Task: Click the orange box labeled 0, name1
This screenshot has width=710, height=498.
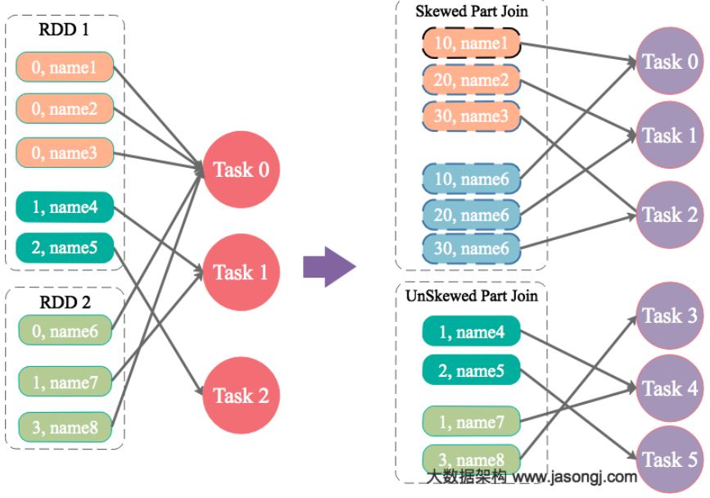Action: [65, 67]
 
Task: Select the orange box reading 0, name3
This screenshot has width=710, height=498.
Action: [65, 153]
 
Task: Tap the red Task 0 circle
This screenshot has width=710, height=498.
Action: [241, 170]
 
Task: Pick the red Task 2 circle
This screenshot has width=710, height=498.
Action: [241, 396]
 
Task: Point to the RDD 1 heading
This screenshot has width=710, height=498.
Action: [64, 31]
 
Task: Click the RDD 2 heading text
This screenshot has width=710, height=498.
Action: [64, 301]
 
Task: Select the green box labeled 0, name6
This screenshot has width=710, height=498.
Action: [65, 331]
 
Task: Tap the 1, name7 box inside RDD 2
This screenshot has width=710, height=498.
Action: [65, 383]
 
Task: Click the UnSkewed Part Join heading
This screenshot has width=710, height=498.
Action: [472, 296]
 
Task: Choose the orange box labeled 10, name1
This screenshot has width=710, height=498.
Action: [471, 44]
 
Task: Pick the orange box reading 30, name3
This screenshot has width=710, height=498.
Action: [471, 116]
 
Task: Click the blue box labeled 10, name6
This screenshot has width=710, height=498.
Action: [471, 179]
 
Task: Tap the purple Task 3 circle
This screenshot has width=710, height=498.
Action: [670, 316]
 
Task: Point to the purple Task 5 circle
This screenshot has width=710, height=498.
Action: [670, 460]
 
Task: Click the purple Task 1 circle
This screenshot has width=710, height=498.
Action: [670, 135]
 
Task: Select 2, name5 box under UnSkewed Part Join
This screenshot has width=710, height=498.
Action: [471, 371]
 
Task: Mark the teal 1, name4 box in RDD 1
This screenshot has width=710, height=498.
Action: [65, 207]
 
